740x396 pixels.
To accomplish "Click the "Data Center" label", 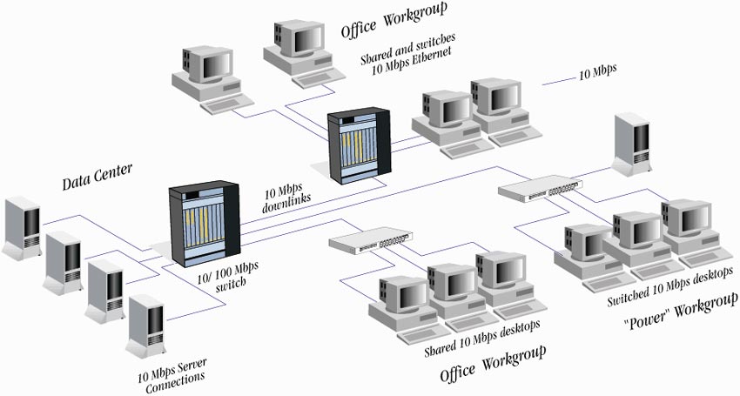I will tap(97, 178).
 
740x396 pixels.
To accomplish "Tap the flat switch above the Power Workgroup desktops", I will tap(540, 188).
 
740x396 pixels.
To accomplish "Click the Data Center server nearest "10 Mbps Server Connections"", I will tap(146, 325).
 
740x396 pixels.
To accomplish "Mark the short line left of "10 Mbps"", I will tap(558, 82).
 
